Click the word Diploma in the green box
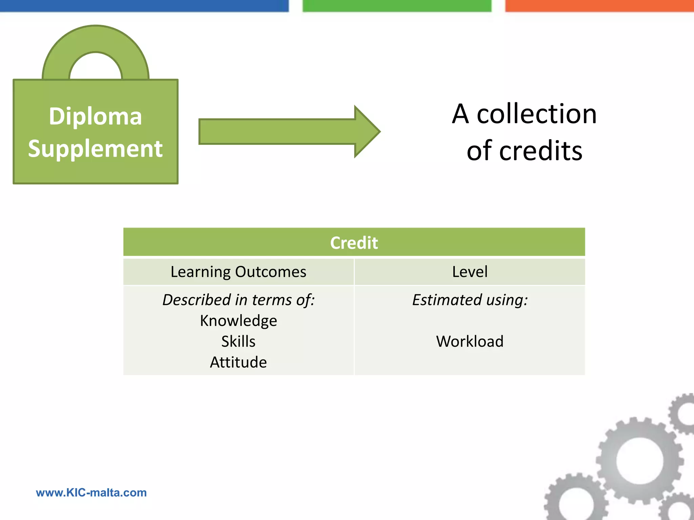point(95,116)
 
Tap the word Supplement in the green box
point(95,149)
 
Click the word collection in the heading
point(536,114)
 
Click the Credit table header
point(354,242)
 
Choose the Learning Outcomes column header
point(238,272)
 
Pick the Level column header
point(470,272)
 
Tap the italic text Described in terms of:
point(238,300)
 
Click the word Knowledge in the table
point(238,321)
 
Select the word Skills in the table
point(238,341)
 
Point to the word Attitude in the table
point(238,362)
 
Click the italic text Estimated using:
point(470,300)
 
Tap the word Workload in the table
point(470,341)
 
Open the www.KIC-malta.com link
point(91,493)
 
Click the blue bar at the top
point(144,6)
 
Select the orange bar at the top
point(599,6)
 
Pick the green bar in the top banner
point(396,6)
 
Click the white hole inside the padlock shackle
point(96,68)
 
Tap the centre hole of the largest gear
point(639,460)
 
